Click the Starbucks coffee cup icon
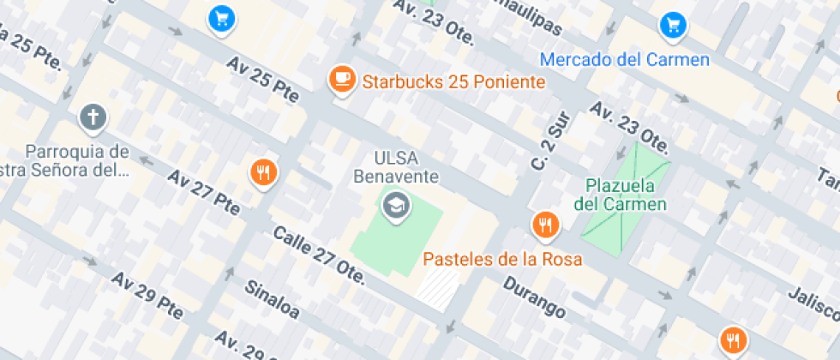[x=343, y=79]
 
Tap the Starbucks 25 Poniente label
[x=454, y=82]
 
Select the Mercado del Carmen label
[x=626, y=60]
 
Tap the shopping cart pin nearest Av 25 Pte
[x=222, y=17]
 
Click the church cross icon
[x=93, y=117]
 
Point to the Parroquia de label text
[x=77, y=152]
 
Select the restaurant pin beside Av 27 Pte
[x=264, y=172]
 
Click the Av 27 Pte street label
[x=204, y=192]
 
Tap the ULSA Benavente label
[x=395, y=168]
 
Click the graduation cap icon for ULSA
[x=395, y=205]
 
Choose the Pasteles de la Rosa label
[x=503, y=259]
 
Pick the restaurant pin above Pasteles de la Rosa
[x=545, y=225]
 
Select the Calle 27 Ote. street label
[x=319, y=255]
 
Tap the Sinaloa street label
[x=273, y=299]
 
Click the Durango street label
[x=534, y=297]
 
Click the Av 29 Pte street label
[x=147, y=296]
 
